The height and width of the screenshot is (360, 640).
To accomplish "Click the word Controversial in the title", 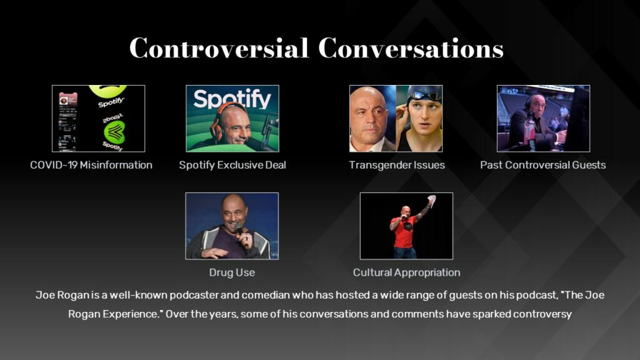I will pyautogui.click(x=219, y=48).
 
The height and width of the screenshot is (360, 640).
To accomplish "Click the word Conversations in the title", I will pyautogui.click(x=411, y=48).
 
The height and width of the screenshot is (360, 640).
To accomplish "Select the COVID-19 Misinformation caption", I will pyautogui.click(x=91, y=165).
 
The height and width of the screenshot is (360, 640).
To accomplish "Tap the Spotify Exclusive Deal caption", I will pyautogui.click(x=232, y=165).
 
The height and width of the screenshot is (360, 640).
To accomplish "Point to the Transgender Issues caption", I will pyautogui.click(x=397, y=165).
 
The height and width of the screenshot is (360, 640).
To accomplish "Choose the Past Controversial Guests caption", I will pyautogui.click(x=542, y=165).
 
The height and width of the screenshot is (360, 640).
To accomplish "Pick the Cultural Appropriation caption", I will pyautogui.click(x=406, y=272).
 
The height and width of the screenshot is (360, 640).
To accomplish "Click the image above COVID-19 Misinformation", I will pyautogui.click(x=98, y=119).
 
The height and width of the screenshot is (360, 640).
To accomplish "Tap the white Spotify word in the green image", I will pyautogui.click(x=232, y=99).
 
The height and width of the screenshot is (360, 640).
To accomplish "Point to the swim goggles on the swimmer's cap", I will pyautogui.click(x=426, y=96).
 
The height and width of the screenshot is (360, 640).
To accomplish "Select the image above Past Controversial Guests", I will pyautogui.click(x=543, y=119).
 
